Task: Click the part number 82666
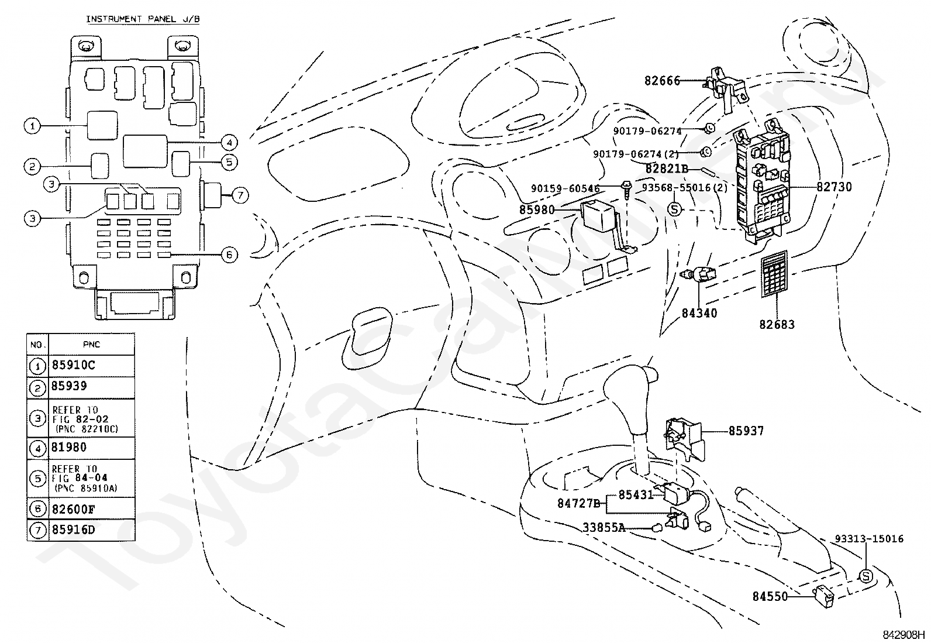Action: pos(662,81)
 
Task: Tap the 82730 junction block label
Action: pos(834,187)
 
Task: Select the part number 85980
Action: pos(537,209)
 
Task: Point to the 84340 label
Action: pos(699,313)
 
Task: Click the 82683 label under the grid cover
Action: pos(777,324)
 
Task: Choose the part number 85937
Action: pos(746,431)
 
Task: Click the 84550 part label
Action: pos(770,596)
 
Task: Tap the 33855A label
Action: pos(604,528)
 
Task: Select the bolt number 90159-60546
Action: pos(566,189)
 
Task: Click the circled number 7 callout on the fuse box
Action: pos(240,195)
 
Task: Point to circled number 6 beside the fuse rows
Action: pos(229,255)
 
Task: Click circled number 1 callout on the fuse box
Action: pos(32,126)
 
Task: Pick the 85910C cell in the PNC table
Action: pos(74,365)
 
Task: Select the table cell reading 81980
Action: pos(69,448)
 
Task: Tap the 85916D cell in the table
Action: pos(74,530)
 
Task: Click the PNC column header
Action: pos(91,345)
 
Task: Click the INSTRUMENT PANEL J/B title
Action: pos(143,19)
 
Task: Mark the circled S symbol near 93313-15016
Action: pos(866,576)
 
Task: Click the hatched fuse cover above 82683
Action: pos(774,274)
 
